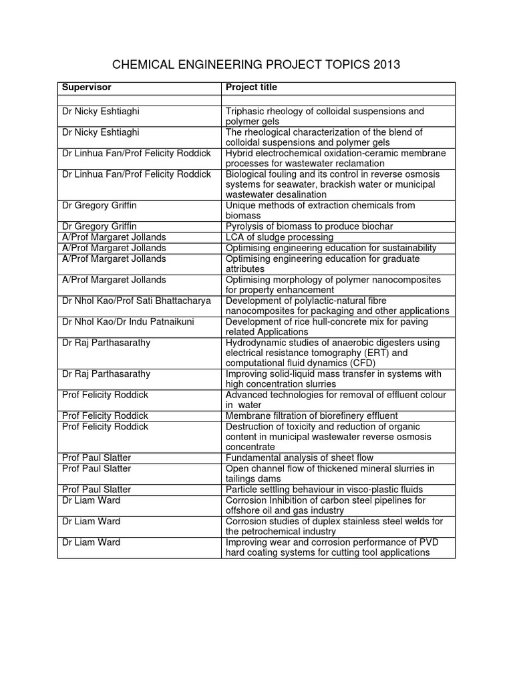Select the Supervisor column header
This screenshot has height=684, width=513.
tap(87, 88)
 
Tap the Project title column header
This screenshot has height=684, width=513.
tap(251, 88)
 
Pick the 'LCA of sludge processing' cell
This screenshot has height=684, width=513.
tap(279, 237)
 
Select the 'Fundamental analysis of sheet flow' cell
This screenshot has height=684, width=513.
tap(299, 458)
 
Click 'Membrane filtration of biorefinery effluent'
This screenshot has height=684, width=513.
tap(312, 415)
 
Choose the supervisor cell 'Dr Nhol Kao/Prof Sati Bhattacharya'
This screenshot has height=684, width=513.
tap(136, 301)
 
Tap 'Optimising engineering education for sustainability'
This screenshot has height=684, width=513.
tap(331, 248)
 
